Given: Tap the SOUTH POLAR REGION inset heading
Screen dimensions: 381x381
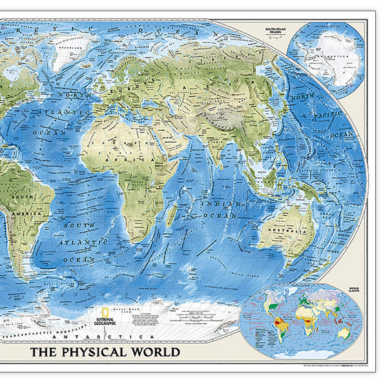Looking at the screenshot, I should coord(271,30).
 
